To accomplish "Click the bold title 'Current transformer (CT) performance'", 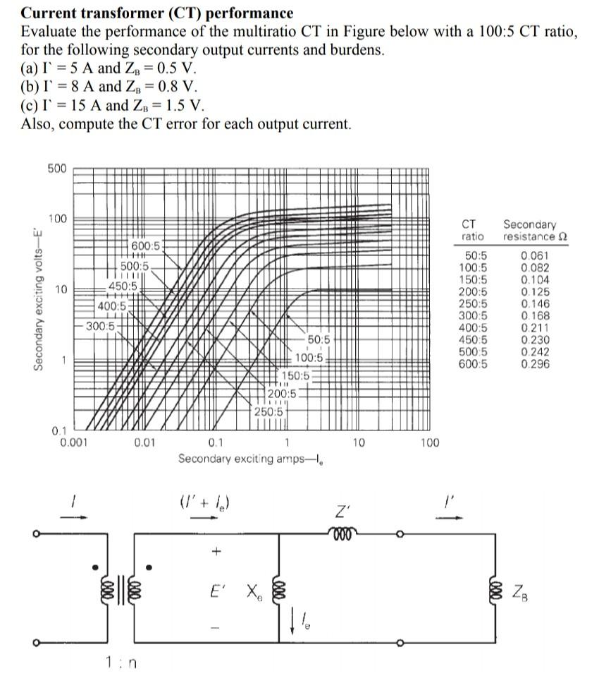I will click(x=157, y=13).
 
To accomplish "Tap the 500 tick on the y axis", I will click(x=57, y=169).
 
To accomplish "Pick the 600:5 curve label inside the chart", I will click(x=146, y=245).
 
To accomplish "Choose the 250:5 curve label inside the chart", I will click(x=268, y=411).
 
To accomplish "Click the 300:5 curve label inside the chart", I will click(x=101, y=326).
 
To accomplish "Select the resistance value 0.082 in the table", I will click(x=536, y=267).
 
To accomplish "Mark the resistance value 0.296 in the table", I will click(x=536, y=364).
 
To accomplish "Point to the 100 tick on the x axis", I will click(x=429, y=443).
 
